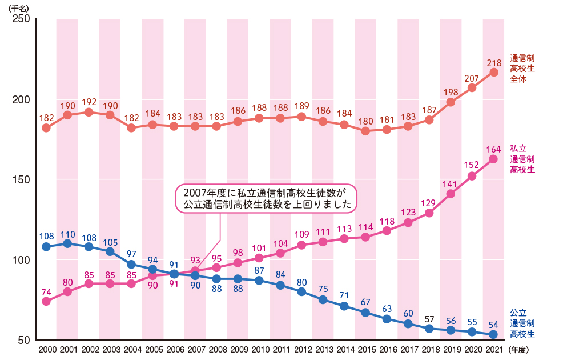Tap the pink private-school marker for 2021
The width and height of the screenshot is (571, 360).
point(494,159)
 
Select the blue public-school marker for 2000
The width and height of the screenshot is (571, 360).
point(46,247)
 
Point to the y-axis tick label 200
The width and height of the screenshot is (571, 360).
point(21,99)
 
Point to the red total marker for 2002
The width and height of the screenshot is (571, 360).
point(89,112)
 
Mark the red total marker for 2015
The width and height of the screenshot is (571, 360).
point(365,131)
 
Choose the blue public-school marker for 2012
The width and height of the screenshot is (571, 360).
point(301,291)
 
